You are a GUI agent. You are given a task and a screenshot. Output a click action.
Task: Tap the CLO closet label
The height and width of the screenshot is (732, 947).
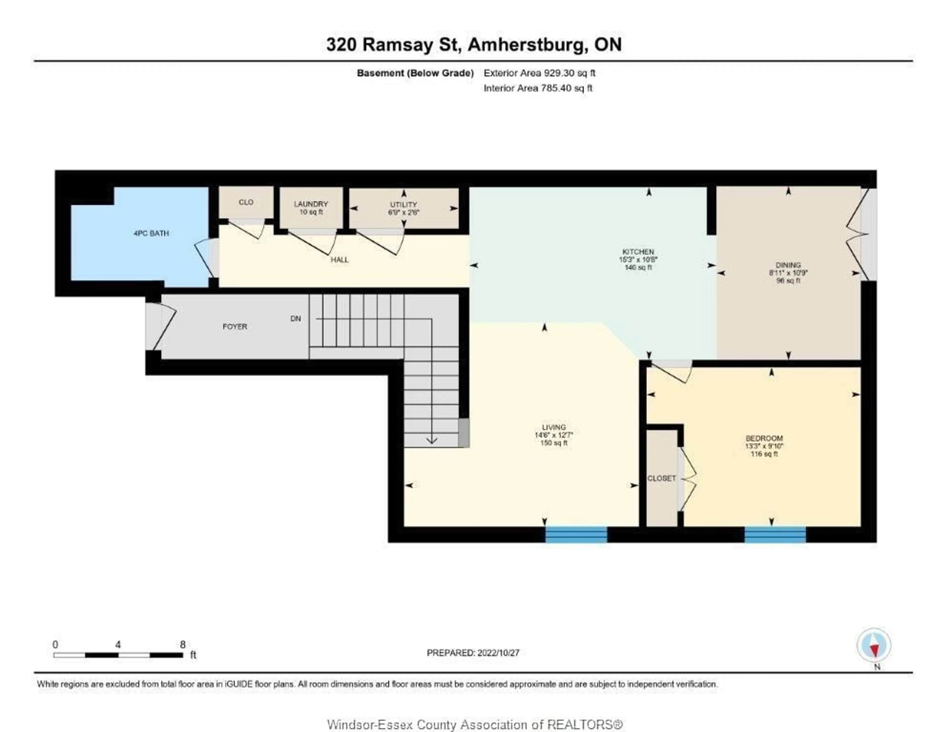(246, 202)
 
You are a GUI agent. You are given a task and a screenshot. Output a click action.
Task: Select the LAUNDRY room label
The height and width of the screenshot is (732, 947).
(311, 204)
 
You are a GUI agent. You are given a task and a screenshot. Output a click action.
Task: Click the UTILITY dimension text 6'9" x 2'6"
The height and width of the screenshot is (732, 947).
(404, 212)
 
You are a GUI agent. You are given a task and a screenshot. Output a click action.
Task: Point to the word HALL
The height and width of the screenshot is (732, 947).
(340, 260)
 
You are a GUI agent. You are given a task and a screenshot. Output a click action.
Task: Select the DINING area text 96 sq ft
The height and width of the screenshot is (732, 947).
(788, 280)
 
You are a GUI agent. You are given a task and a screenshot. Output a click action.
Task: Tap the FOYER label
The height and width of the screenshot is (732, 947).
(235, 326)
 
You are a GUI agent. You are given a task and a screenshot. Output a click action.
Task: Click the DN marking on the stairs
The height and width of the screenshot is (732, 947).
(295, 318)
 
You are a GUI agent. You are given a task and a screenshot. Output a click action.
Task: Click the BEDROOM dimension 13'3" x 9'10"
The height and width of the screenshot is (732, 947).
(764, 446)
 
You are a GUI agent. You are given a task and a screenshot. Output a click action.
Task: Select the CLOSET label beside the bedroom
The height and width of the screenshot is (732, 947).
(661, 478)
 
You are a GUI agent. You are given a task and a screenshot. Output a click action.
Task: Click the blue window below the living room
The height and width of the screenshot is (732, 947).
(576, 534)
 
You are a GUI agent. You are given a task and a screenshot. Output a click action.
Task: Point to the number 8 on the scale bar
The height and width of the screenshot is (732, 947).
(182, 645)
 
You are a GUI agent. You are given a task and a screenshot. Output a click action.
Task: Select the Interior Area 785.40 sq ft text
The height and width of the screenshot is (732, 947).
(538, 88)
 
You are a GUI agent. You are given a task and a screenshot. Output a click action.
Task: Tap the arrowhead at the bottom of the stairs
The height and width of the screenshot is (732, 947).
(431, 441)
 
